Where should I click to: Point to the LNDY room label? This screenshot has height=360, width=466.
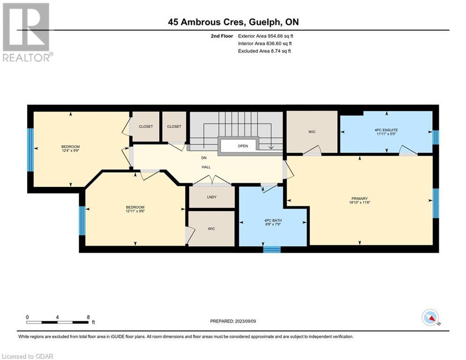pyautogui.click(x=212, y=197)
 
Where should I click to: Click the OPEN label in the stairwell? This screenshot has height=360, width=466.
pyautogui.click(x=243, y=146)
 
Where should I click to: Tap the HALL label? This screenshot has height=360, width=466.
pyautogui.click(x=206, y=167)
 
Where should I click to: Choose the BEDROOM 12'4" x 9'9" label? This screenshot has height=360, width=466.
pyautogui.click(x=70, y=149)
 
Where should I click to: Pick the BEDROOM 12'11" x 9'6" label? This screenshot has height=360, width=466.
pyautogui.click(x=135, y=209)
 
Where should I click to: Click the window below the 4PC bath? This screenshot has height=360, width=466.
pyautogui.click(x=272, y=249)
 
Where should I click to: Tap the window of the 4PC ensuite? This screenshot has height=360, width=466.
pyautogui.click(x=436, y=137)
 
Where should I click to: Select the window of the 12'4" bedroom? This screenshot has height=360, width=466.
pyautogui.click(x=30, y=150)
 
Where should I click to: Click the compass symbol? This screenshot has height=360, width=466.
pyautogui.click(x=430, y=317)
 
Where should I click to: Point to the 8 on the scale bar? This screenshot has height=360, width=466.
pyautogui.click(x=88, y=317)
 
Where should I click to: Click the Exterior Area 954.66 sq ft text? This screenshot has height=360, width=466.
pyautogui.click(x=266, y=36)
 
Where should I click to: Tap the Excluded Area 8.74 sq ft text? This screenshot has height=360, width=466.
pyautogui.click(x=264, y=51)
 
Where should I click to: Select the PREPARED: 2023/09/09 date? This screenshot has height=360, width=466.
pyautogui.click(x=233, y=321)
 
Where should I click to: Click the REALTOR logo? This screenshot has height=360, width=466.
pyautogui.click(x=27, y=32)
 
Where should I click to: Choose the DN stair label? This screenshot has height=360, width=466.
pyautogui.click(x=204, y=158)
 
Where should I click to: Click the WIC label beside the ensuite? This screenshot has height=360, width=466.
pyautogui.click(x=312, y=132)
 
